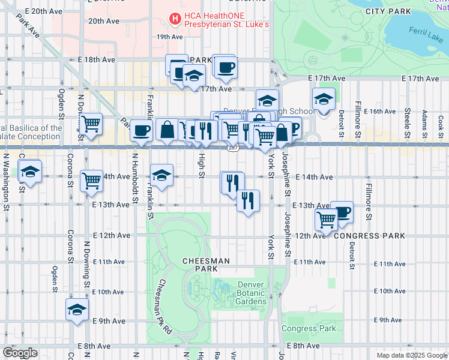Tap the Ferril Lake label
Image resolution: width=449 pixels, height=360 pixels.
point(425,31)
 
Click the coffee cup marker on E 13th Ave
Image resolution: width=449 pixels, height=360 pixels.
point(342,211)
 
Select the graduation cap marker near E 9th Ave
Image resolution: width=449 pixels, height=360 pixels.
point(77,310)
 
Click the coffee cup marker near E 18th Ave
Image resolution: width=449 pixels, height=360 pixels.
point(226,67)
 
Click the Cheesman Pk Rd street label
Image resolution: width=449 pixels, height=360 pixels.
point(165,306)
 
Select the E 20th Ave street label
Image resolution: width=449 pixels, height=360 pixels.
point(42,11)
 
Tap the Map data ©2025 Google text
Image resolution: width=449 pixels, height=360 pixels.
point(411,355)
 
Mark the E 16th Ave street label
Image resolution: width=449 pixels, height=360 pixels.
point(377,112)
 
